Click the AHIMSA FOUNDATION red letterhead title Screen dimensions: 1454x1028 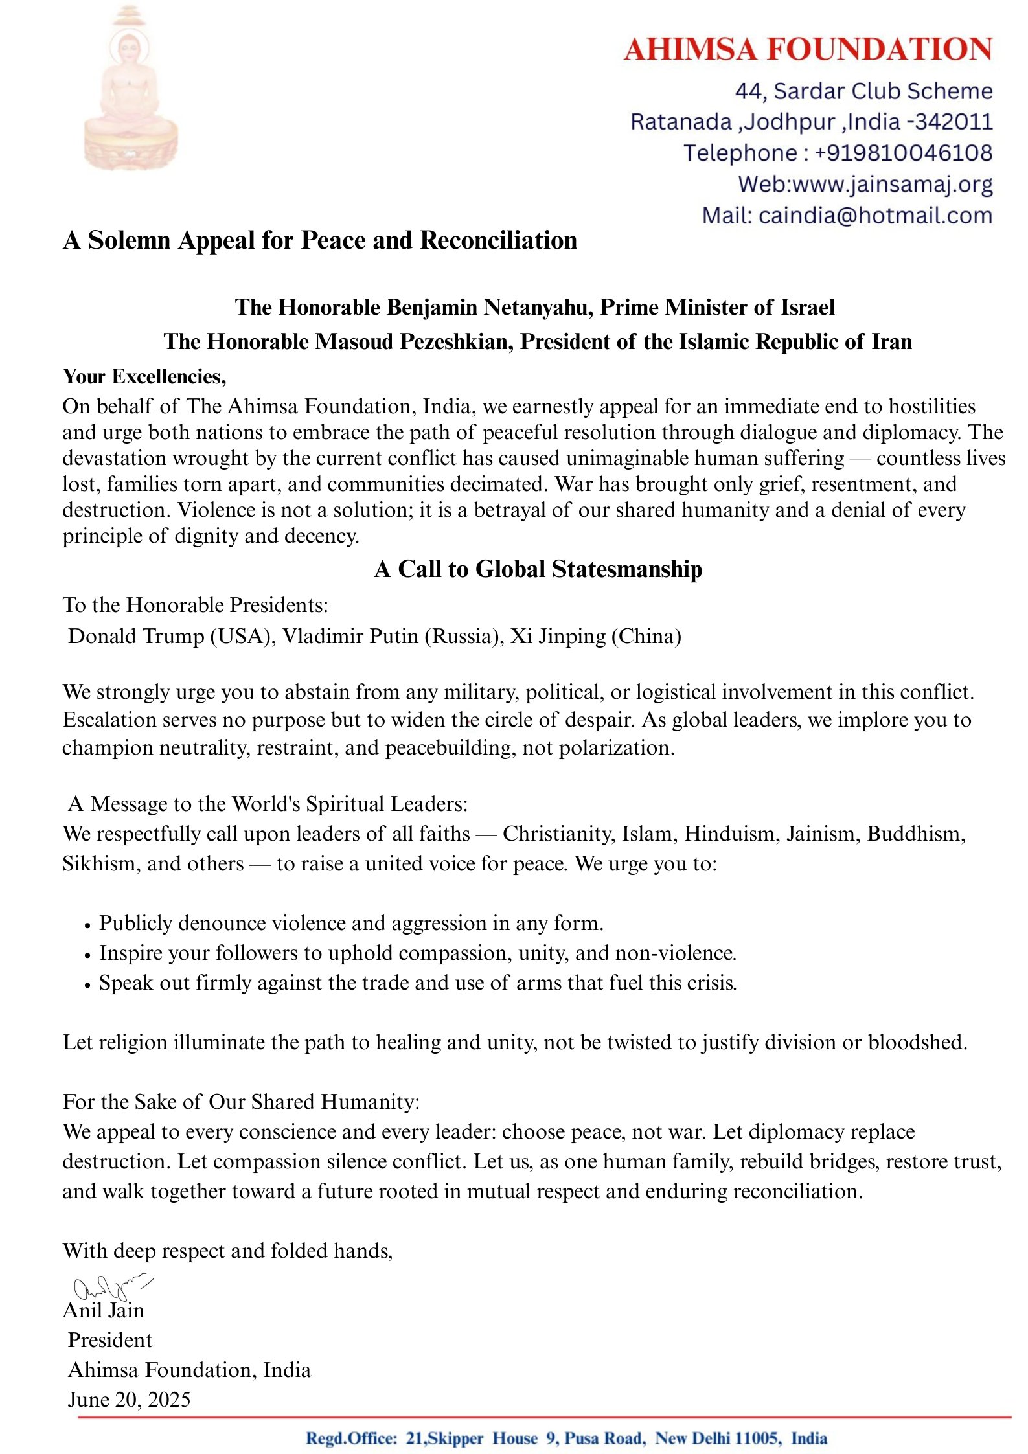pos(808,50)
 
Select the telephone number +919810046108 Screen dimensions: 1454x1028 pos(903,153)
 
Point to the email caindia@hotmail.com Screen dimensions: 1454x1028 pos(875,216)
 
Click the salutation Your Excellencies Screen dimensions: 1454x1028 pos(144,376)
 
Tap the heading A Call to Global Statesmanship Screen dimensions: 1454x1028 pos(538,569)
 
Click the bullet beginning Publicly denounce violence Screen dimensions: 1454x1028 pos(350,923)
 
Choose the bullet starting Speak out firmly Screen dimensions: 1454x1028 pos(417,983)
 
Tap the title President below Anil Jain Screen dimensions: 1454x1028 pos(110,1340)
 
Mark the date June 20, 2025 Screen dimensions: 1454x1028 pos(129,1400)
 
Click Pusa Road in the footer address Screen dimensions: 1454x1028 pos(604,1438)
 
